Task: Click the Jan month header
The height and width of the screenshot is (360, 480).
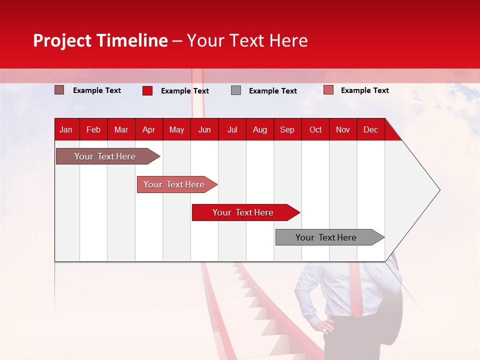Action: point(66,129)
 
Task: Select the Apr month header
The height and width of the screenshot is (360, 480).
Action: point(148,129)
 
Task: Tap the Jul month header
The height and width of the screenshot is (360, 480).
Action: point(232,129)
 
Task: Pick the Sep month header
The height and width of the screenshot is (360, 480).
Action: point(287,129)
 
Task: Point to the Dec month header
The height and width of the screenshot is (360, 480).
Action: point(370,129)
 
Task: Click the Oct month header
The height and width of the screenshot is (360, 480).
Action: point(315,129)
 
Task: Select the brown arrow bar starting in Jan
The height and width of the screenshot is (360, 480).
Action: point(105,156)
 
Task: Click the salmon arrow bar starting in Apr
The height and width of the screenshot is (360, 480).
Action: point(174,184)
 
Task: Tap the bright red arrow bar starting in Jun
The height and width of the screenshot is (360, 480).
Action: point(243,212)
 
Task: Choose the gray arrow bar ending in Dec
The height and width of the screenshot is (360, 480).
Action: point(326,237)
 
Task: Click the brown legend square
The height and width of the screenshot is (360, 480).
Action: point(59,90)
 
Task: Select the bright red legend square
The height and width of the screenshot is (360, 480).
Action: point(147,90)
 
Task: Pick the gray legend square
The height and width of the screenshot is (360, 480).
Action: point(236,90)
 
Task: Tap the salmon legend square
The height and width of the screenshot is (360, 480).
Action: point(328,90)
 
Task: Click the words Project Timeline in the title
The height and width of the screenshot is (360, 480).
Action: point(100,40)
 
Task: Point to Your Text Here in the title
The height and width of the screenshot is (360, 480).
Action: point(247,40)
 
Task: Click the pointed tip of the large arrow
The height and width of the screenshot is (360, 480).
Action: point(438,189)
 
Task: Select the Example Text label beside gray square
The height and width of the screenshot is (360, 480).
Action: point(272,91)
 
